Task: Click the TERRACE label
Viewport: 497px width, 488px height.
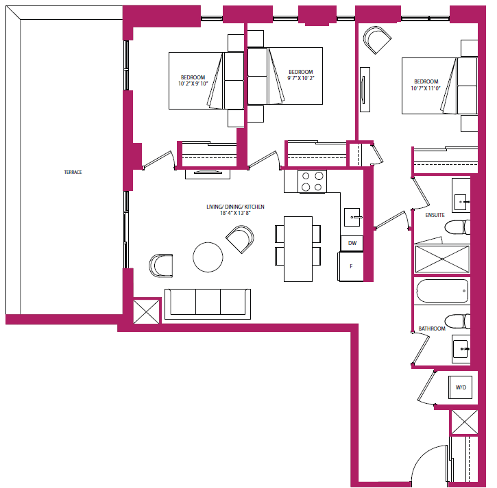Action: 73,172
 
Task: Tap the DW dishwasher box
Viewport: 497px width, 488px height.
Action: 352,243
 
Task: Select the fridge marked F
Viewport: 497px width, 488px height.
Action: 351,266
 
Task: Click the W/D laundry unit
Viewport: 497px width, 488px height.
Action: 461,388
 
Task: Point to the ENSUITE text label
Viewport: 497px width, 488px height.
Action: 435,215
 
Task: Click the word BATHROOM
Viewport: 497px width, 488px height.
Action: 432,329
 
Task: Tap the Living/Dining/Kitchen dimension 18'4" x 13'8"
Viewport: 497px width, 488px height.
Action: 235,214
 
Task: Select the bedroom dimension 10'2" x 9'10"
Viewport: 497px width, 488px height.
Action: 193,84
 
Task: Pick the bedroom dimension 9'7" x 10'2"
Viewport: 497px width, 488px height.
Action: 300,79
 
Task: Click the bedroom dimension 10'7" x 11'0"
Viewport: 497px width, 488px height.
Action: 425,88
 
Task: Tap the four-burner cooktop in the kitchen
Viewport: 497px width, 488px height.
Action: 312,181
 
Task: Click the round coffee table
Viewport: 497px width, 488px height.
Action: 208,257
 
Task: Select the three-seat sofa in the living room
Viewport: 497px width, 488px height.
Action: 208,303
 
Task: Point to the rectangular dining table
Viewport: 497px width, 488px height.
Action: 298,248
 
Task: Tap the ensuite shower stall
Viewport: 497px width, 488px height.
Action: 442,259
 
